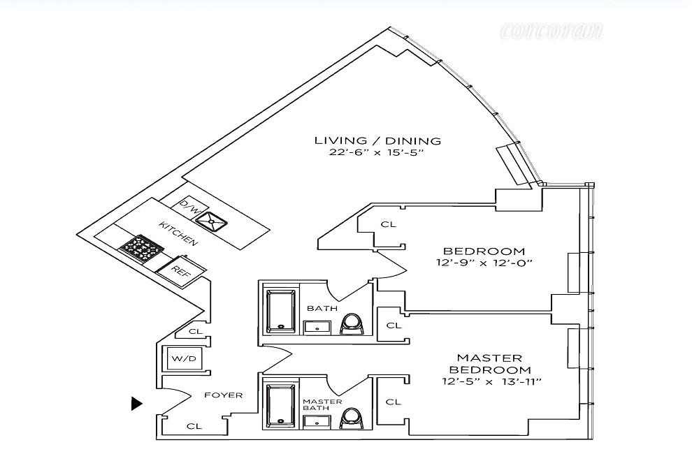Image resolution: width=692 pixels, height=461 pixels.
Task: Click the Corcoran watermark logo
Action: point(552,31)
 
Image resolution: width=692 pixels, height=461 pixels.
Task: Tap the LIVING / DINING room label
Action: point(377,141)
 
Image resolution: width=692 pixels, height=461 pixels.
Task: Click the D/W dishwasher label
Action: point(189,205)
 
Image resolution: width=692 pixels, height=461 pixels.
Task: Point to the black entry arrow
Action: point(137,403)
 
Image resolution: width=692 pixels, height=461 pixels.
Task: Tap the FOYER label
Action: point(224,395)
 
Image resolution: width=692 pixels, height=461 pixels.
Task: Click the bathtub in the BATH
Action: point(281,309)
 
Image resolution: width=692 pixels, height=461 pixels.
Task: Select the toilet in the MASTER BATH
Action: point(351,418)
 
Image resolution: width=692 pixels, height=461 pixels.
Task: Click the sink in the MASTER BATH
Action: point(317,420)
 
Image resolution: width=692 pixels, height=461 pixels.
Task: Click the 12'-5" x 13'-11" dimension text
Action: point(492,381)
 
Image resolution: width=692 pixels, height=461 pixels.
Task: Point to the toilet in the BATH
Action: point(351,323)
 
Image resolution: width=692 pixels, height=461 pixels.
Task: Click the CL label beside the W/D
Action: point(196,332)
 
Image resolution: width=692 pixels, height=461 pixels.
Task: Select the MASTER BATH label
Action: point(322,405)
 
